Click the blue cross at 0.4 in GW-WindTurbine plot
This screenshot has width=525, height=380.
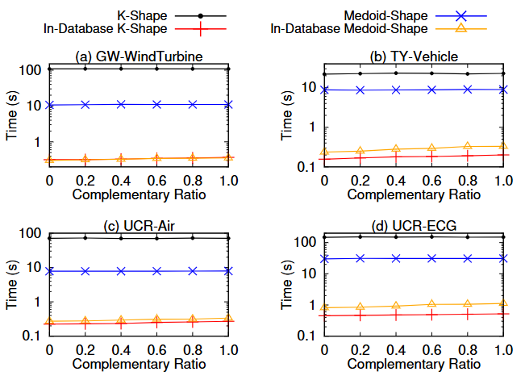(x=121, y=104)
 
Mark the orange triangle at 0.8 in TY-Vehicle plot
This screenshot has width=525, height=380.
(x=468, y=147)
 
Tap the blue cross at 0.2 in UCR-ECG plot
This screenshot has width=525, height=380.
(x=360, y=258)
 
